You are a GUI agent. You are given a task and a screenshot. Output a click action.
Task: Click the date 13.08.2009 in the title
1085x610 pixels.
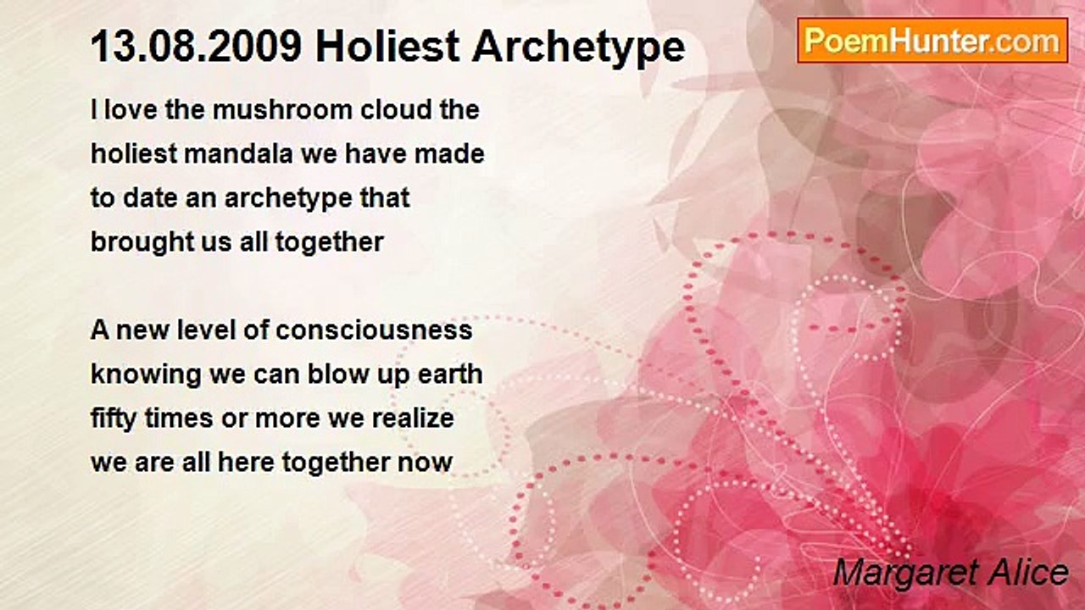[x=196, y=47]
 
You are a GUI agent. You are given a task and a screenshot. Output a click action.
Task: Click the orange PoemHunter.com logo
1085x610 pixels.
[x=932, y=41]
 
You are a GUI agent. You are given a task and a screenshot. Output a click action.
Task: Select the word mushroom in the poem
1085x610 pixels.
[x=282, y=110]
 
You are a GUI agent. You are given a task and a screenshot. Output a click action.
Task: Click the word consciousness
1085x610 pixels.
[x=374, y=330]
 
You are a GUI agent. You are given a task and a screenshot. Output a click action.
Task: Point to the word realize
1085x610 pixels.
[x=413, y=419]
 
